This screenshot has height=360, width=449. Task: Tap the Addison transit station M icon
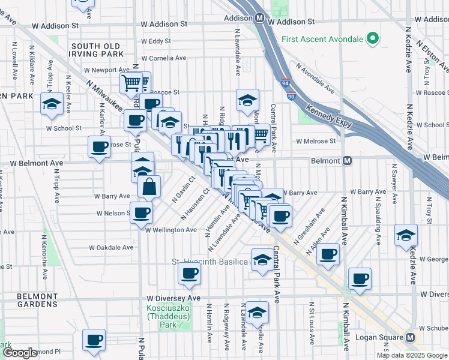coord(260,18)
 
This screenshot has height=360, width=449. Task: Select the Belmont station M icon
coord(347,161)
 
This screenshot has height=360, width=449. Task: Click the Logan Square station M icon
coord(411,337)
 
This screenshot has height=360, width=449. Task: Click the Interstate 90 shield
coord(291,96)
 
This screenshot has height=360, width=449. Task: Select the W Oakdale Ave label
coord(111,247)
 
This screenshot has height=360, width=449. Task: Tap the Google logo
coord(20,353)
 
